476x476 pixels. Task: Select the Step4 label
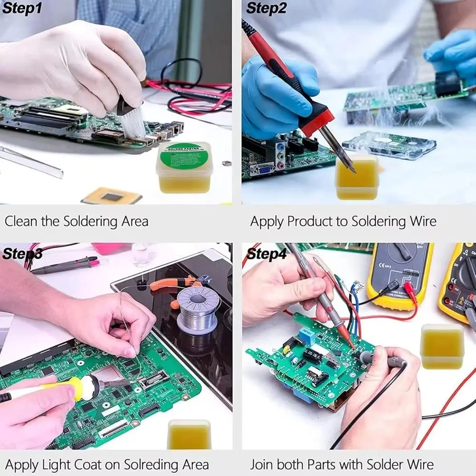[267, 255]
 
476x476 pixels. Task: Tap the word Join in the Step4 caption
[263, 464]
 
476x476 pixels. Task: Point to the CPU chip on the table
[111, 196]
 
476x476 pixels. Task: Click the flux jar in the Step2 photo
[357, 178]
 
